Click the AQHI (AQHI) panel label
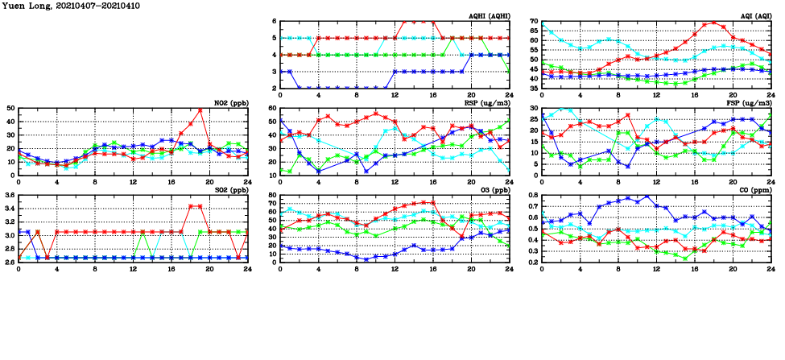click(489, 16)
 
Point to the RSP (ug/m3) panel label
click(489, 102)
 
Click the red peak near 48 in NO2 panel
click(200, 110)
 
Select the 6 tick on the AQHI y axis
click(274, 21)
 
